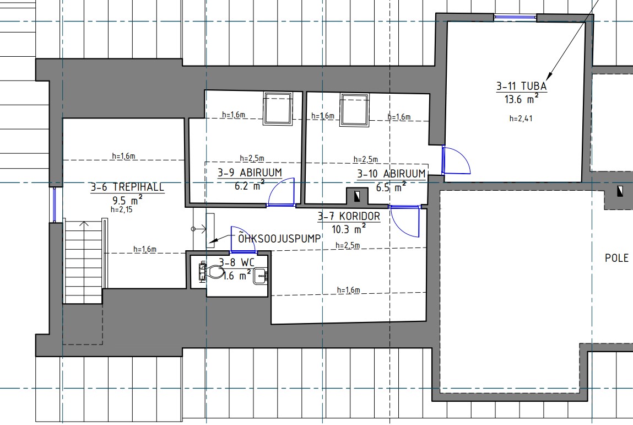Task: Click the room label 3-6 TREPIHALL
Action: coord(128,187)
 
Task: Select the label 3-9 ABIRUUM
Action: coord(250,173)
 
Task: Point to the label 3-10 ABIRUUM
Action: coord(391,174)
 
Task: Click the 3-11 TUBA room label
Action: coord(521,86)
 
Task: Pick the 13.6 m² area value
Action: coord(521,98)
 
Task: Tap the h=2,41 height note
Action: coord(521,119)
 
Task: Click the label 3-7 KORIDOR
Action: coord(349,216)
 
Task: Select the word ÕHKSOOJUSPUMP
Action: coord(279,238)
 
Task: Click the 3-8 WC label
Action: coord(236,262)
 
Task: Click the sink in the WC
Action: coord(261,277)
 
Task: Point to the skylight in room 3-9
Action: coord(278,108)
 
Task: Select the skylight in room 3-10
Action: coord(354,110)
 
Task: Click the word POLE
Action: coord(616,258)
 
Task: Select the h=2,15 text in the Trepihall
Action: coord(122,209)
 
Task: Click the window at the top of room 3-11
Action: coord(515,17)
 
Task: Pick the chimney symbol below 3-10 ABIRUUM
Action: coord(358,196)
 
